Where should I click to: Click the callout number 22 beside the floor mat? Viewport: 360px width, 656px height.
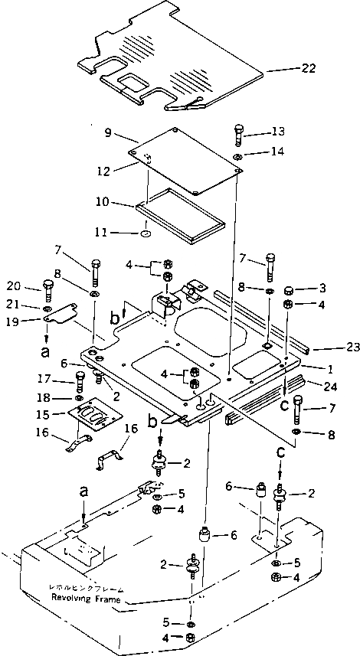tap(308, 70)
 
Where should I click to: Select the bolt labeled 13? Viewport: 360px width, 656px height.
tap(239, 134)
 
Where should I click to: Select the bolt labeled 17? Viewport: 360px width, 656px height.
tap(80, 380)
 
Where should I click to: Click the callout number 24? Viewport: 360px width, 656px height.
tap(331, 386)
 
